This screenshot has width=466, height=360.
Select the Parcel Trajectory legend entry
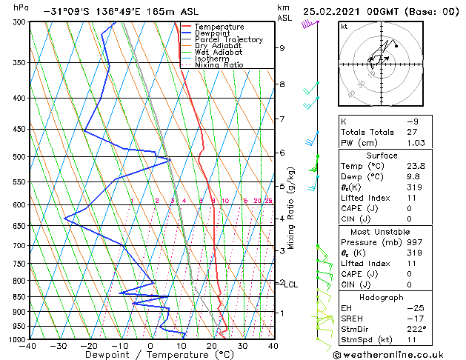click(x=228, y=39)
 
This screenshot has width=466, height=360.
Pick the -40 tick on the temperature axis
click(x=28, y=346)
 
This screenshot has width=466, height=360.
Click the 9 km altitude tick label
click(x=282, y=48)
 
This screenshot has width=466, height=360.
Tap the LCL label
click(x=291, y=284)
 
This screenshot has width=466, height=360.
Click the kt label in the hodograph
click(x=344, y=26)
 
